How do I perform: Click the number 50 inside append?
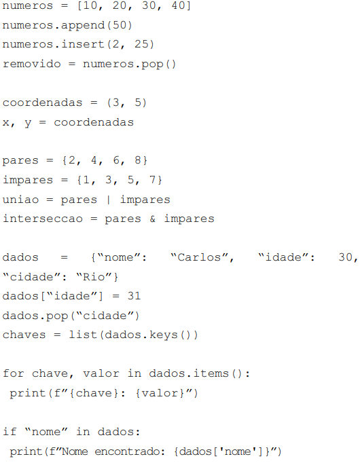point(120,25)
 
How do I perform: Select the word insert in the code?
point(83,44)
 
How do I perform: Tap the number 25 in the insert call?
point(141,44)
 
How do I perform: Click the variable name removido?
point(32,63)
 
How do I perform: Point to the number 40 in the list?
point(179,5)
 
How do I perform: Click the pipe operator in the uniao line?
point(108,200)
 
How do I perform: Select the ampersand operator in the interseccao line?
point(153,219)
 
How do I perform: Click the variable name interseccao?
point(43,219)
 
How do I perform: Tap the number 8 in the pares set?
point(138,160)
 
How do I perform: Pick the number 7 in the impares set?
point(153,179)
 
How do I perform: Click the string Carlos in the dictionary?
point(200,257)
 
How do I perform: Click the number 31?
point(134,296)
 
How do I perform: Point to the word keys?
point(164,335)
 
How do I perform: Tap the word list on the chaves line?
point(83,335)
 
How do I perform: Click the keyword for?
point(14,373)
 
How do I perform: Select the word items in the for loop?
point(211,373)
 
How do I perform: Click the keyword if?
point(10,431)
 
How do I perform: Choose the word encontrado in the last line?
point(130,451)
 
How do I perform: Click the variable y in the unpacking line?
point(28,123)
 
